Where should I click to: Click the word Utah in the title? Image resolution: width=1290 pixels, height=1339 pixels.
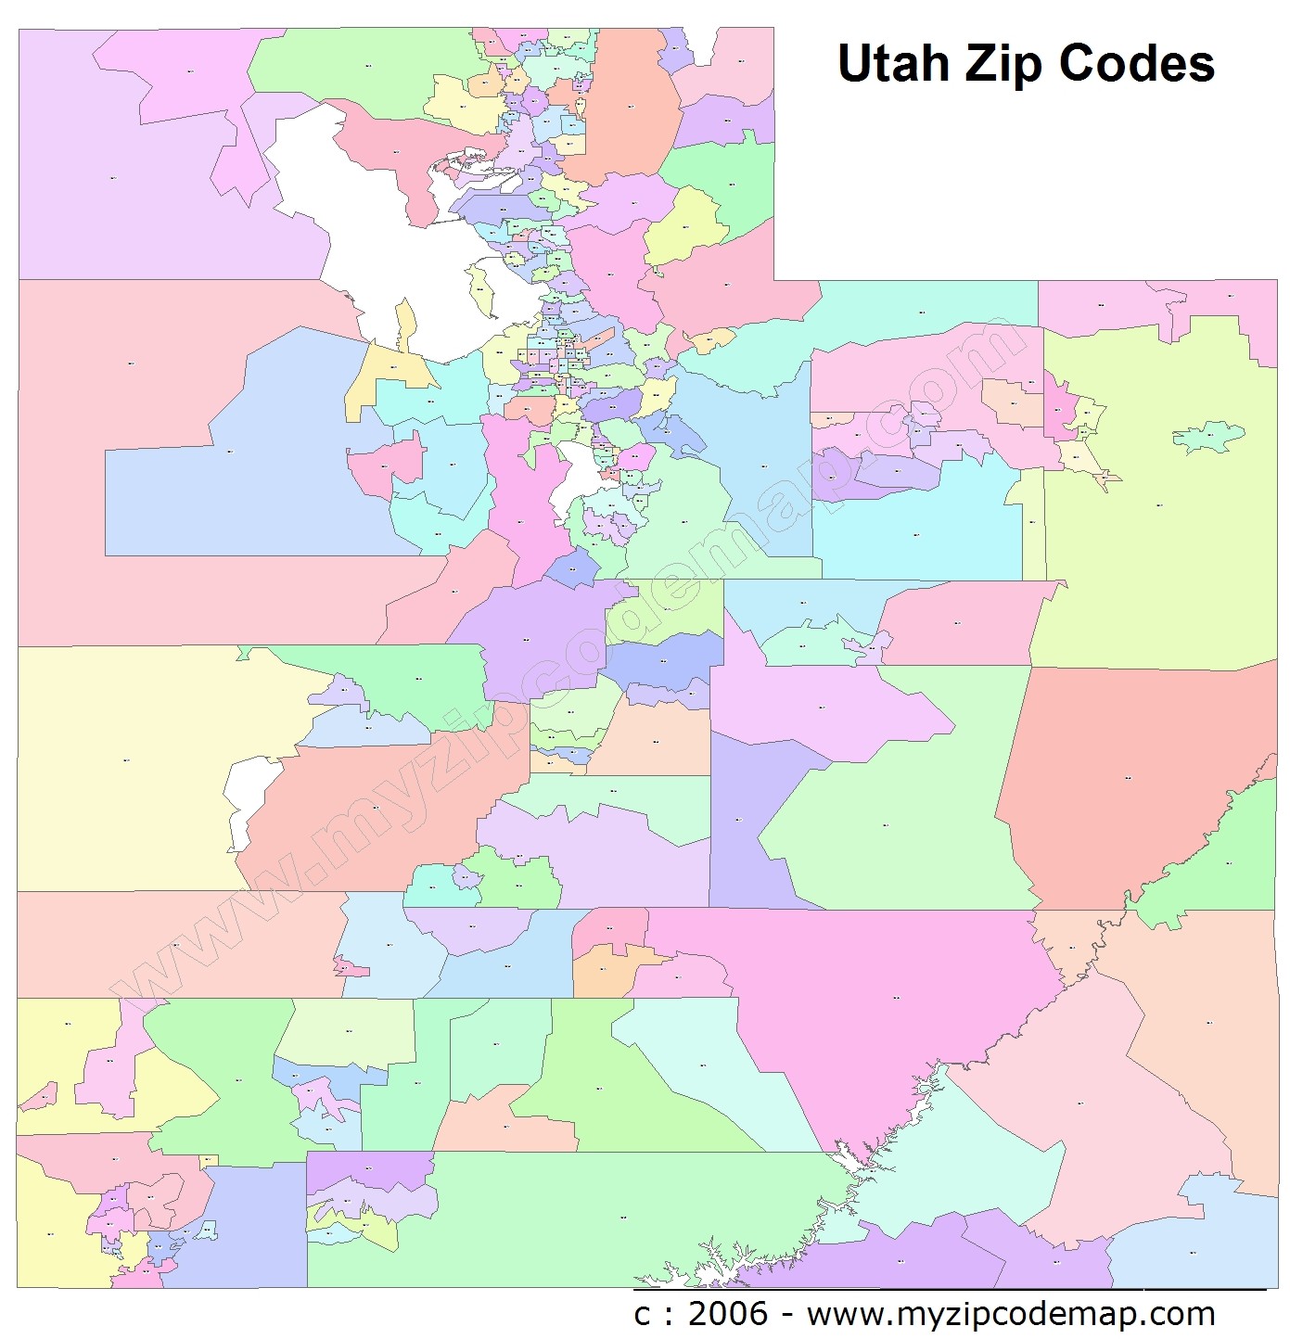pos(894,64)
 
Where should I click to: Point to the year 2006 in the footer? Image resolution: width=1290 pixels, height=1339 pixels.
pos(728,1313)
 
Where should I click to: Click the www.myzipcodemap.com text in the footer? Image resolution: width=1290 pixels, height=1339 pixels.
pos(1011,1313)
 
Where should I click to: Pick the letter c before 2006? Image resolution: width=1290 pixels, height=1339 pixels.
pos(642,1314)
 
